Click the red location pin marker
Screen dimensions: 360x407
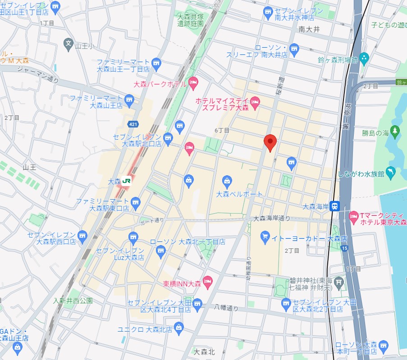pos(270,143)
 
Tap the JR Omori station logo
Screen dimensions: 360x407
pos(127,181)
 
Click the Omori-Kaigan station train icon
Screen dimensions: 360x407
pos(334,206)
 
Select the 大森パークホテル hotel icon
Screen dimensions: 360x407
pos(193,82)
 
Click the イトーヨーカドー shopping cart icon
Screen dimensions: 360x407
pos(265,236)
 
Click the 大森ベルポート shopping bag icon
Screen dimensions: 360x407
pos(228,182)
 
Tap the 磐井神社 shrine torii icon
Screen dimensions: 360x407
pos(339,282)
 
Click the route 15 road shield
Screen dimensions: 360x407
pos(345,248)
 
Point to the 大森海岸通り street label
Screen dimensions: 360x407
pos(272,219)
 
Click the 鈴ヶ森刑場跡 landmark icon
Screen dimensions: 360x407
pos(364,58)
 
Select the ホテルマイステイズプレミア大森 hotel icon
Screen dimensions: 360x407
pos(255,102)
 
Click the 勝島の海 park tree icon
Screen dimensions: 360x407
pos(395,131)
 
